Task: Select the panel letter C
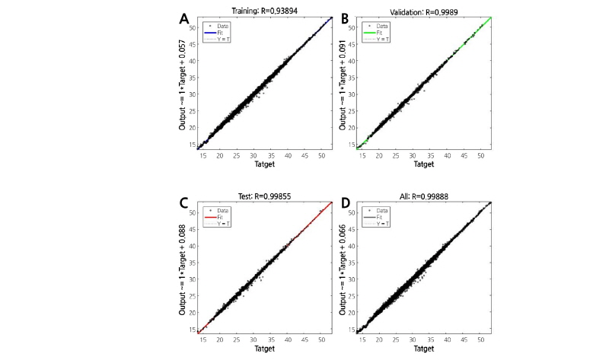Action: tap(184, 204)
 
